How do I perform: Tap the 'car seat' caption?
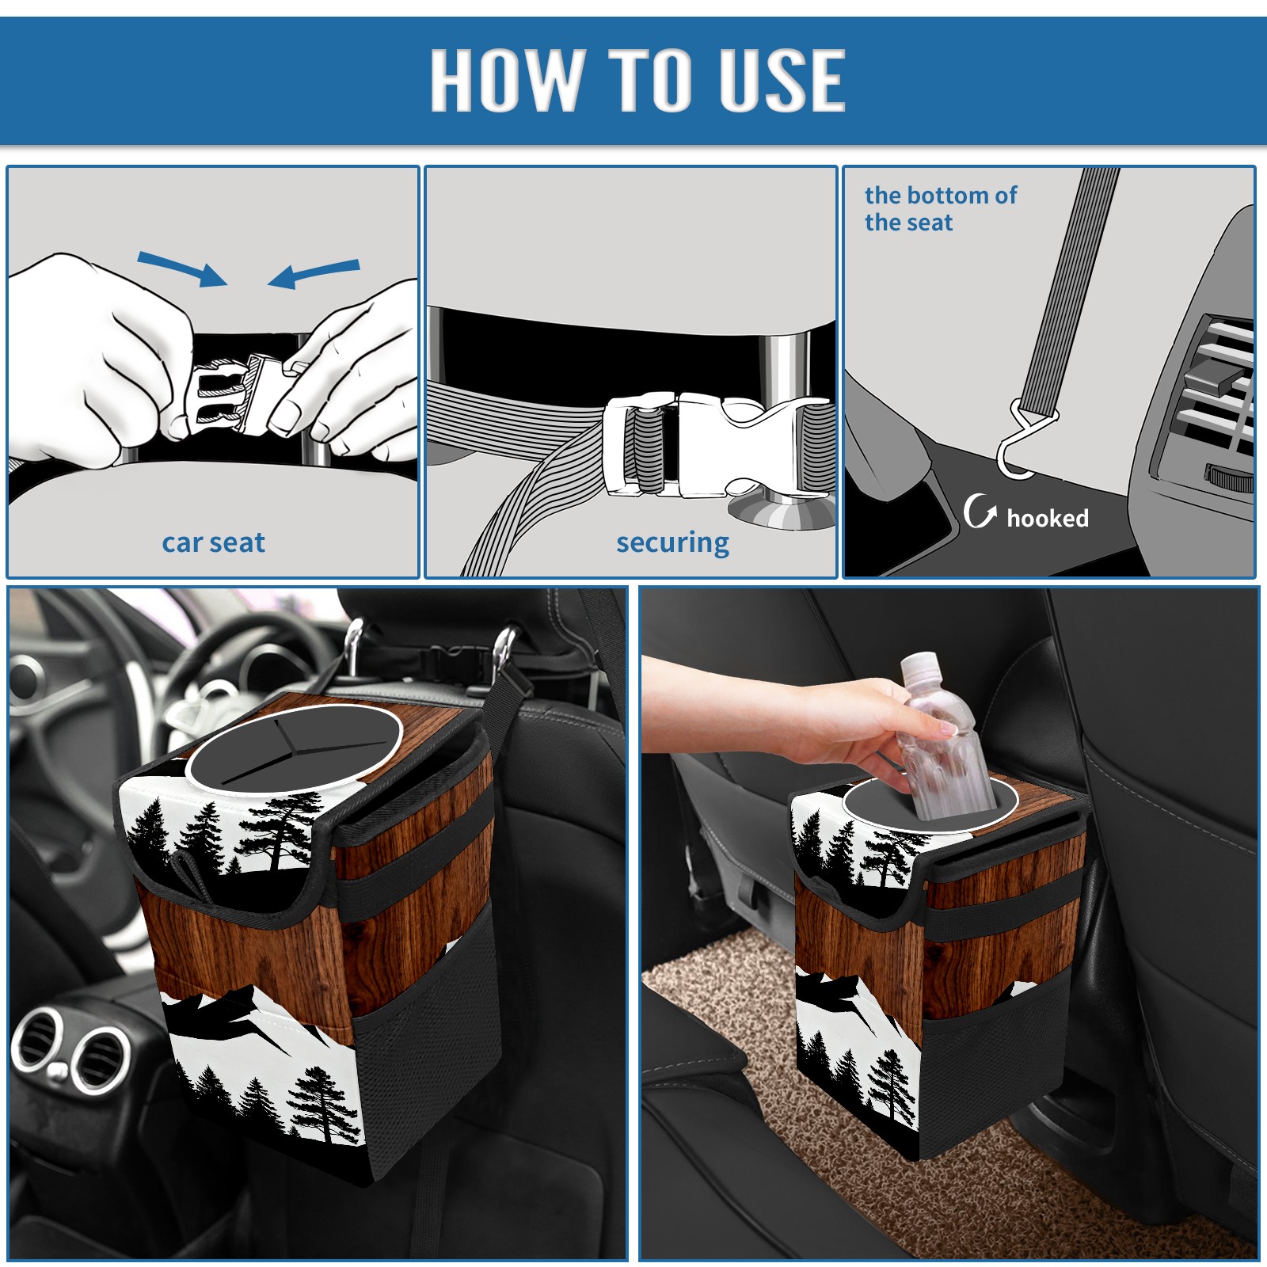(213, 542)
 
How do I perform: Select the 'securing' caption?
(672, 542)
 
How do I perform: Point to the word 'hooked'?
(1048, 518)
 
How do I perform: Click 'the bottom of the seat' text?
(940, 208)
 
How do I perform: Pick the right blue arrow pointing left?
(314, 273)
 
